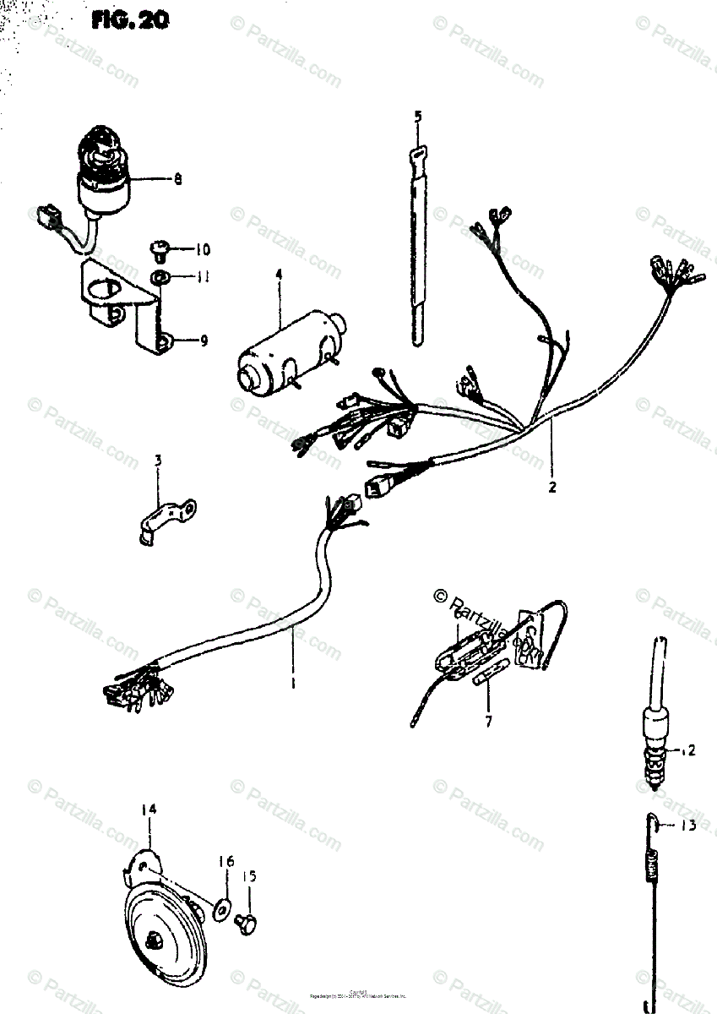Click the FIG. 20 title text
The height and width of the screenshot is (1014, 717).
[131, 19]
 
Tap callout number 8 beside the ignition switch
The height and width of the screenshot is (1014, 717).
[178, 179]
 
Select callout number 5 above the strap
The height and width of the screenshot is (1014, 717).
[417, 116]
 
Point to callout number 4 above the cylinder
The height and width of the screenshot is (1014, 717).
[277, 274]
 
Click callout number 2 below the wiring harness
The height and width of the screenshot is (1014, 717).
[552, 487]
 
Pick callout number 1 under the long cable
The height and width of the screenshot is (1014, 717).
[292, 683]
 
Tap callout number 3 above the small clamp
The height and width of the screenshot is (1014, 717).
[157, 461]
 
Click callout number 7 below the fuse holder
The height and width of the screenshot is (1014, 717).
[487, 722]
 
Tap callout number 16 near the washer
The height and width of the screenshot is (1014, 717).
[226, 861]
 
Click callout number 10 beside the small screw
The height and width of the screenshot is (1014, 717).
[203, 250]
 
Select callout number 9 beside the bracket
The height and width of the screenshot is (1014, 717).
[203, 341]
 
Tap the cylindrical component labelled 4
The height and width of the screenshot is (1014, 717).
[283, 359]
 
